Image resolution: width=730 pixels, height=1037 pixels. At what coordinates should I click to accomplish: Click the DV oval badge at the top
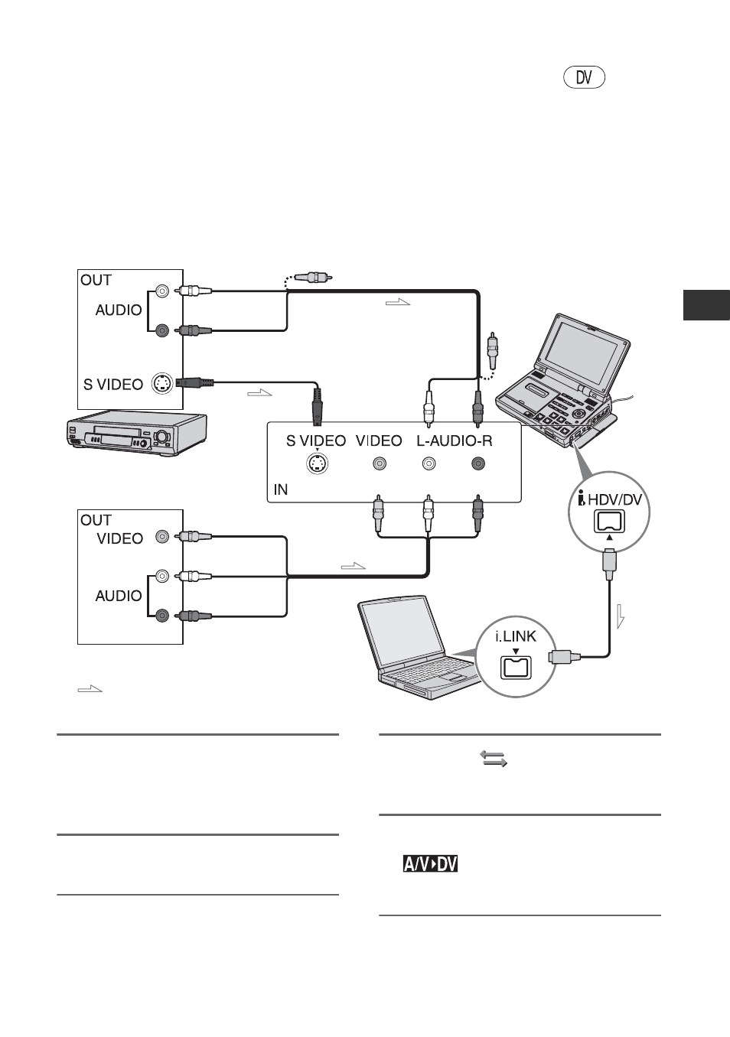coord(584,77)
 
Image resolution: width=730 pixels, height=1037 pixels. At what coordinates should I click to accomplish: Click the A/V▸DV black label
coord(430,864)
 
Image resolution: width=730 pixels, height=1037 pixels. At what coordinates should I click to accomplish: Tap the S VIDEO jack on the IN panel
coord(318,463)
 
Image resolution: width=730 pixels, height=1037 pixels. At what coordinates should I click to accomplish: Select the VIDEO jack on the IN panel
coord(380,463)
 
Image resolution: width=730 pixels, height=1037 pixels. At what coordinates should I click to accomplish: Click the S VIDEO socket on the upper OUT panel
coord(162,383)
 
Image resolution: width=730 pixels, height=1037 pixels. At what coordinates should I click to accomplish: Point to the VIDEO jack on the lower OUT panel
coord(162,537)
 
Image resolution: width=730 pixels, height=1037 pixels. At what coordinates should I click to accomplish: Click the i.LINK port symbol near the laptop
coord(516,668)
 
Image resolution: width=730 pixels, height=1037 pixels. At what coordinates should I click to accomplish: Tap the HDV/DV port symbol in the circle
coord(609,522)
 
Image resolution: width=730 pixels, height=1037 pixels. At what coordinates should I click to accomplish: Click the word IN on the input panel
coord(281,489)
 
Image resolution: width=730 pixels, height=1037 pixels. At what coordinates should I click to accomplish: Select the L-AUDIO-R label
coord(454,440)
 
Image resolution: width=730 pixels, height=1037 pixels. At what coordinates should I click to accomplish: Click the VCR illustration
coord(135,434)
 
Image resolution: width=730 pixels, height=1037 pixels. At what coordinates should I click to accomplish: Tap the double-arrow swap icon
coord(494,759)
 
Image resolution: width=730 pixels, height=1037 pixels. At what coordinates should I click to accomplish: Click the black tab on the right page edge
coord(706,304)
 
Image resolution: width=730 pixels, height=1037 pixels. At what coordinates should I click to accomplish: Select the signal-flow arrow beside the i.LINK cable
coord(621,616)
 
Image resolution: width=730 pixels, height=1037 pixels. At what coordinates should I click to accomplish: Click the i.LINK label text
coord(516,636)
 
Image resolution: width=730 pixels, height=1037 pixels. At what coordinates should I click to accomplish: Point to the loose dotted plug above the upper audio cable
coord(313,278)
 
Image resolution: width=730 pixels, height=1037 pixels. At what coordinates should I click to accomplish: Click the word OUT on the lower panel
coord(96,520)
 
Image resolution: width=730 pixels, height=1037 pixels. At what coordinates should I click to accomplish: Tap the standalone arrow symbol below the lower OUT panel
coord(90,689)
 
